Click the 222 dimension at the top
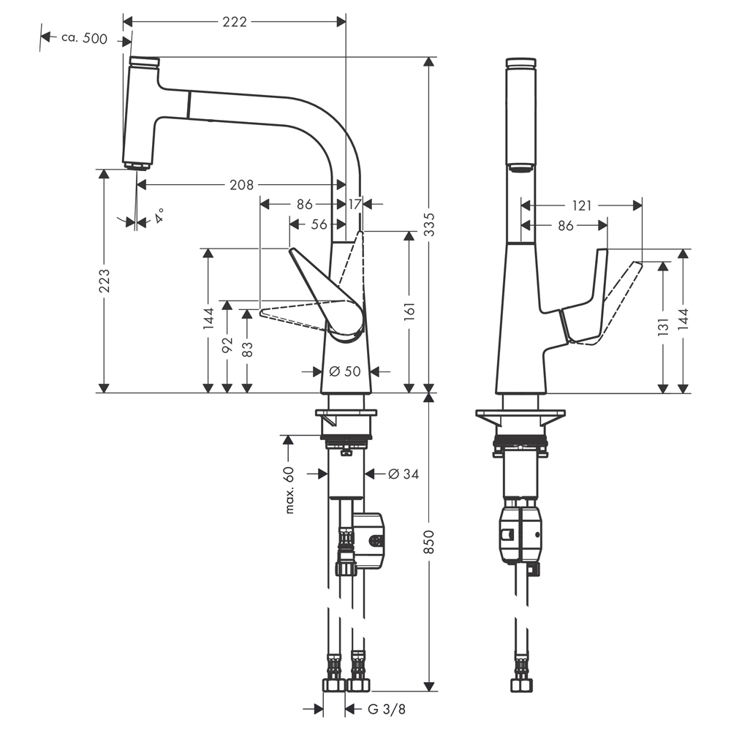coord(234,22)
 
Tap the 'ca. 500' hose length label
coord(84,38)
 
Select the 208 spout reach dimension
coord(241,185)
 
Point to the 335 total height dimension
coord(429,224)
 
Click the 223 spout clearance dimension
coord(105,281)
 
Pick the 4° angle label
coord(159,216)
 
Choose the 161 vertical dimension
coord(409,311)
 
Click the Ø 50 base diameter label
coord(345,371)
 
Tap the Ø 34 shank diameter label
coord(404,474)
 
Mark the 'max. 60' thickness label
coord(289,490)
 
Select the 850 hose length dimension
coord(429,542)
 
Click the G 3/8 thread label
coord(387,710)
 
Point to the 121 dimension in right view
coord(581,205)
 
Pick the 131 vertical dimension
coord(663,327)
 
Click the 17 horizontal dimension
coord(355,204)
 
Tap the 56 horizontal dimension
coord(319,224)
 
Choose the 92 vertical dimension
coord(227,345)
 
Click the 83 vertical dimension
coord(248,349)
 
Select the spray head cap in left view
coord(145,61)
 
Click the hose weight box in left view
coord(368,541)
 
